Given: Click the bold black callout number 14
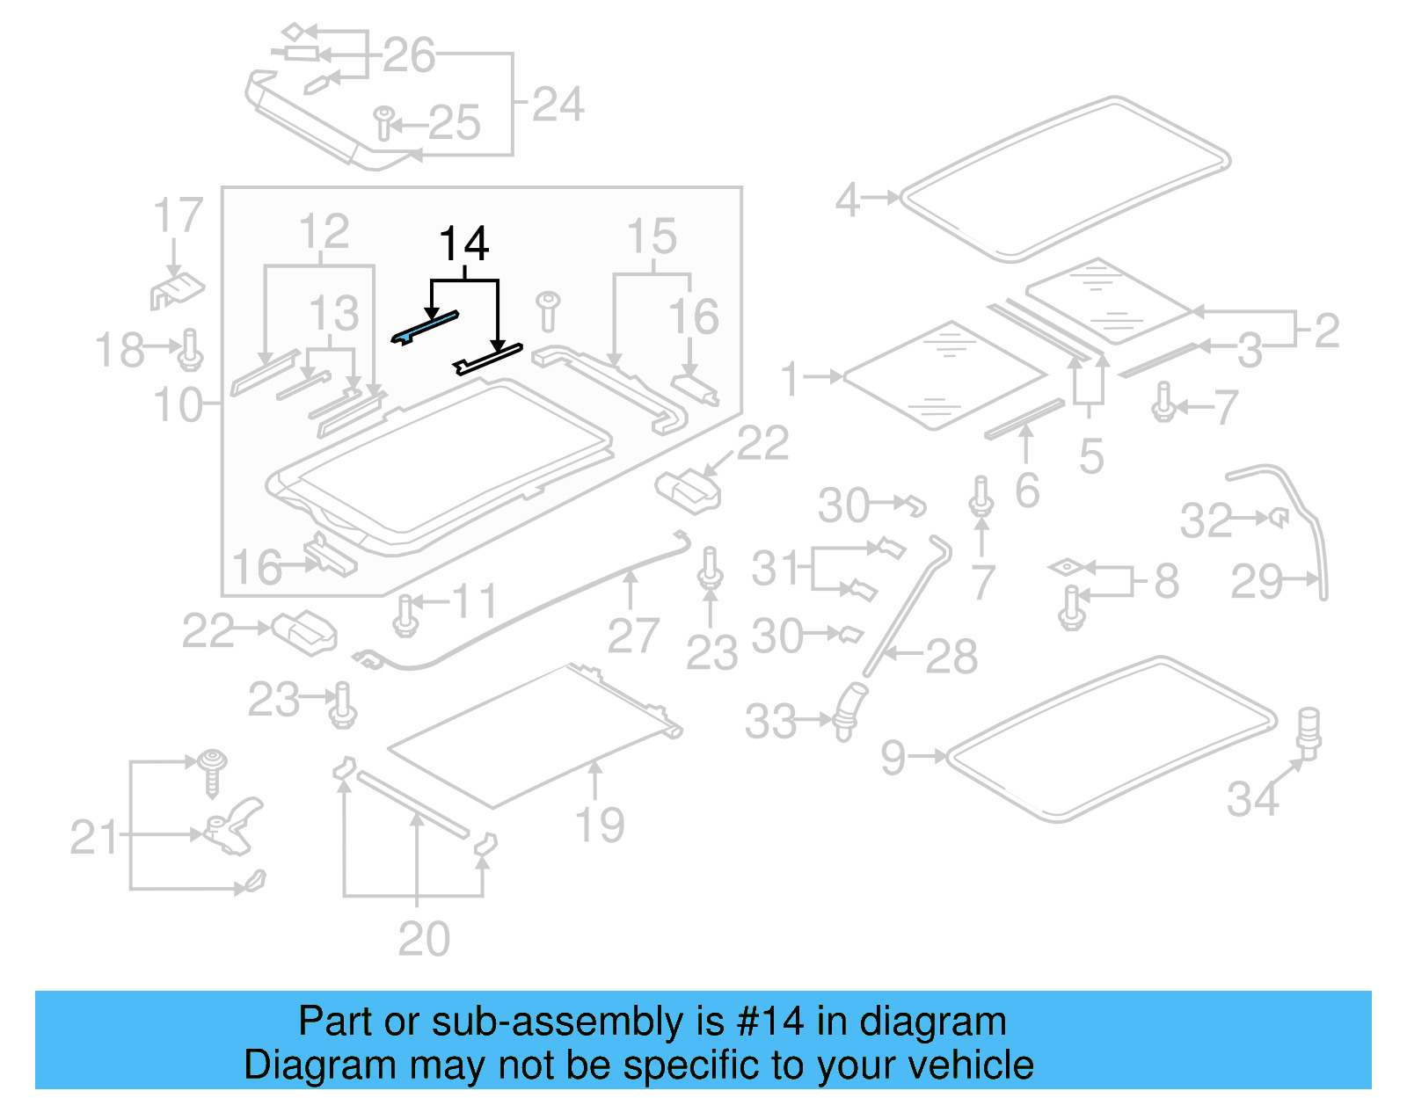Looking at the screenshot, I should (x=463, y=244).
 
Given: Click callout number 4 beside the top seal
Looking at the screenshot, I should (x=847, y=200).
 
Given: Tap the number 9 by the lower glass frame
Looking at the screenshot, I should (x=893, y=757).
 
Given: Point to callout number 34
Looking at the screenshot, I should (x=1252, y=799).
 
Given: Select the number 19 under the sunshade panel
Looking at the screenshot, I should (x=599, y=825).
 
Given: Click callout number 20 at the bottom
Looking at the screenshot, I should (x=424, y=939).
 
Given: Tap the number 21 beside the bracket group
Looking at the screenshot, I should (x=93, y=837).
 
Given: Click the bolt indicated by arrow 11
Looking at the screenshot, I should (x=405, y=614).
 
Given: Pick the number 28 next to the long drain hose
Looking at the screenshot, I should (x=951, y=657).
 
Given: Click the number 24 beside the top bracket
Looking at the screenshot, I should (x=558, y=105).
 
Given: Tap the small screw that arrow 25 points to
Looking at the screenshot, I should (x=384, y=123).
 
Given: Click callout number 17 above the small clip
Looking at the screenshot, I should (x=178, y=216).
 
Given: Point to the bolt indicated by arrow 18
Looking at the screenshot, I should (x=191, y=351).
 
